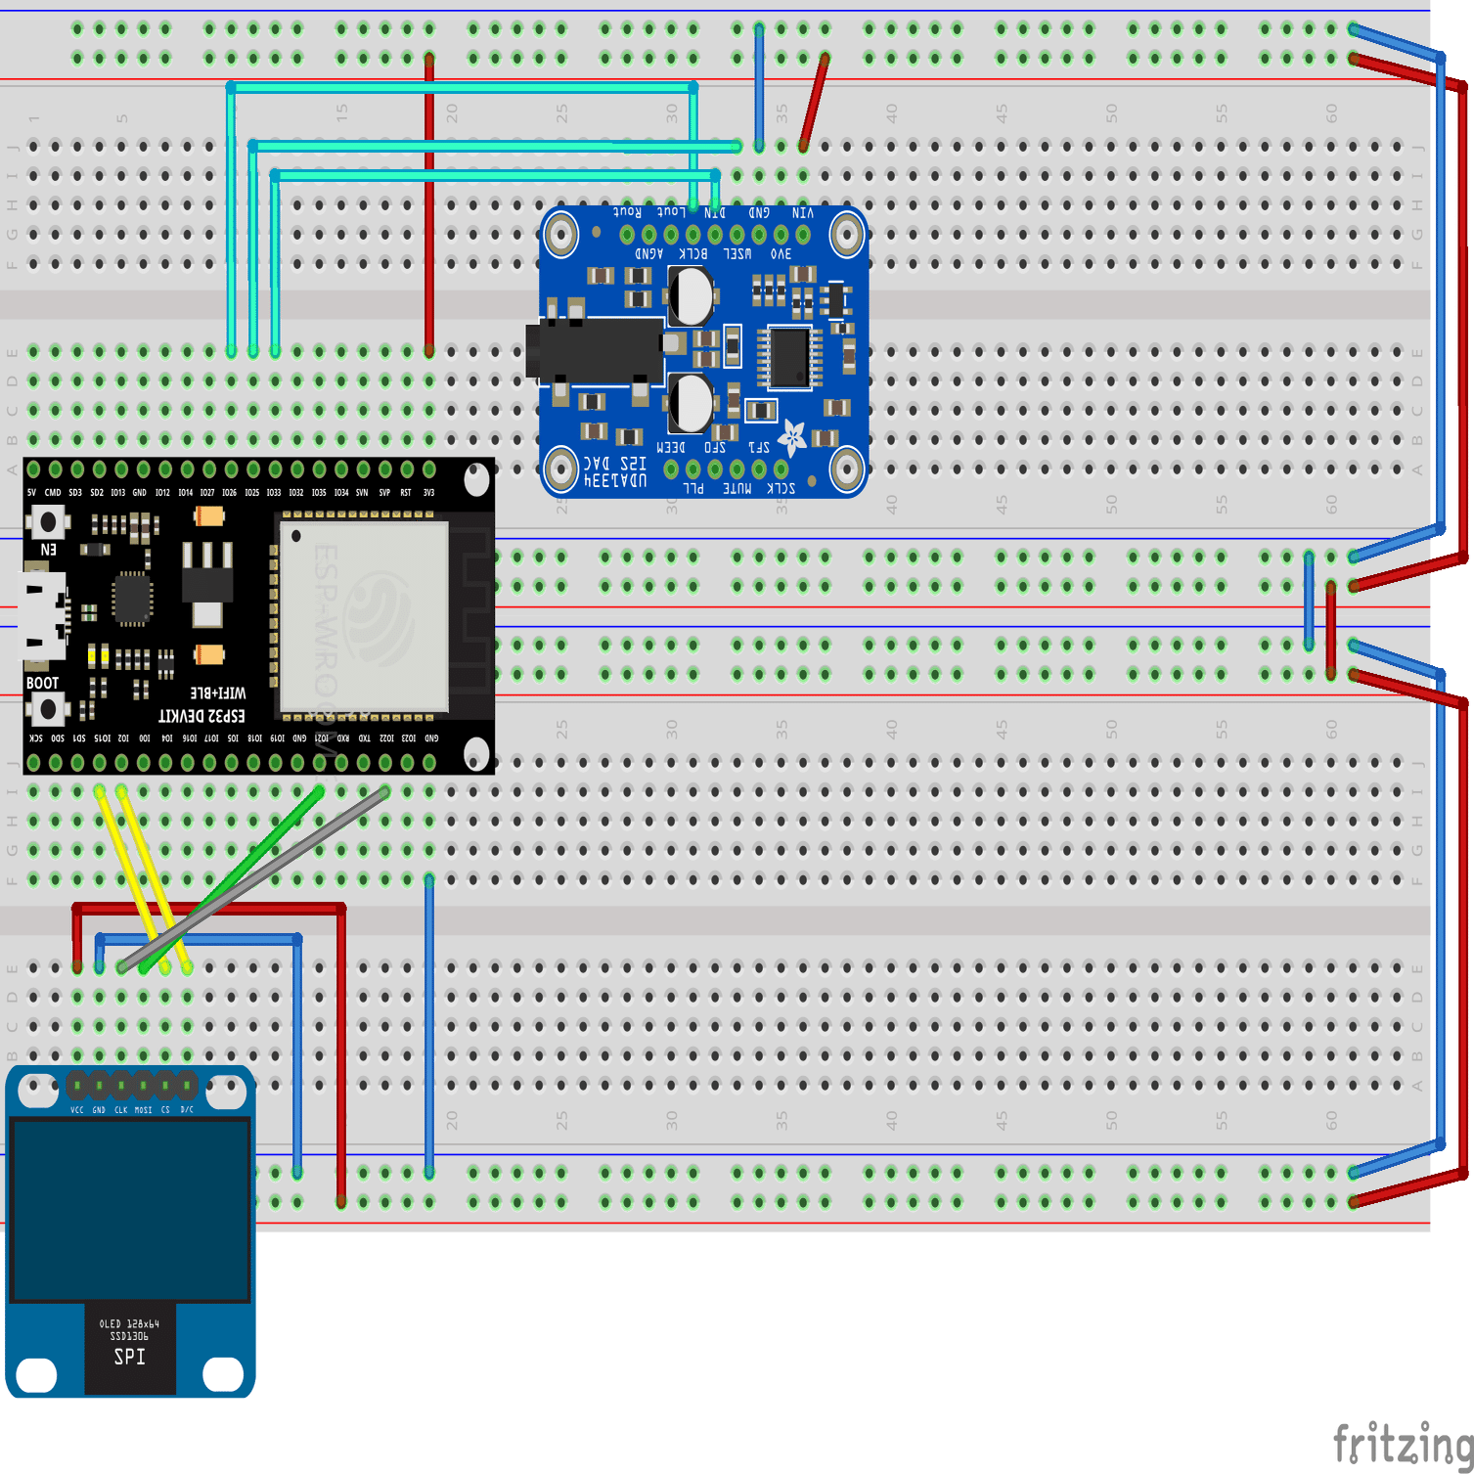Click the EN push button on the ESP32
pyautogui.click(x=47, y=522)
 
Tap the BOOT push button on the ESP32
pyautogui.click(x=47, y=708)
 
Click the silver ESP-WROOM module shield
pyautogui.click(x=364, y=616)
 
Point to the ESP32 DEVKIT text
pyautogui.click(x=201, y=716)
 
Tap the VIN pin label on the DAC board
pyautogui.click(x=803, y=212)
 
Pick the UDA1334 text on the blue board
pyautogui.click(x=615, y=480)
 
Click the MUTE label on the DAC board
pyautogui.click(x=737, y=488)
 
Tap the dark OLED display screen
pyautogui.click(x=130, y=1211)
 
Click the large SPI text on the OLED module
pyautogui.click(x=129, y=1357)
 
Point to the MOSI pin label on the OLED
pyautogui.click(x=143, y=1110)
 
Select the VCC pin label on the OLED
pyautogui.click(x=77, y=1110)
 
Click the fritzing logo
pyautogui.click(x=1403, y=1444)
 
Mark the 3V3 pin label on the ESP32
pyautogui.click(x=428, y=493)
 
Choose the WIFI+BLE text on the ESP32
pyautogui.click(x=217, y=692)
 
